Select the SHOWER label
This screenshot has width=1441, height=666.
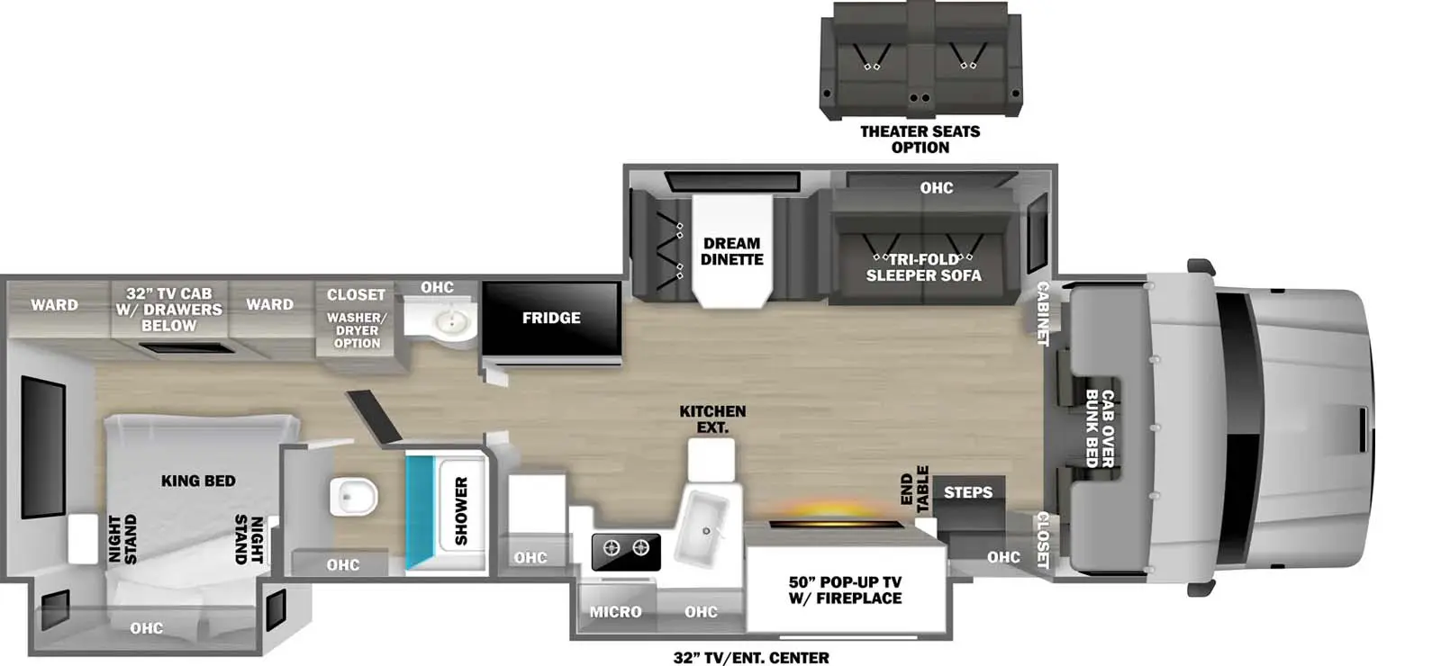pos(461,511)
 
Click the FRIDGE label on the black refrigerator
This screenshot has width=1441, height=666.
pos(551,318)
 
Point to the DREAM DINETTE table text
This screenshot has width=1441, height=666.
pos(732,251)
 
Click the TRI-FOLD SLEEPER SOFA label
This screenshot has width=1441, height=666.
pos(923,267)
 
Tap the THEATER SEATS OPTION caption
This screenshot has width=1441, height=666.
pos(920,139)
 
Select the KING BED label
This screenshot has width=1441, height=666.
pos(198,481)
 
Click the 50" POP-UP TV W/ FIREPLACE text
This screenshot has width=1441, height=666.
pos(845,590)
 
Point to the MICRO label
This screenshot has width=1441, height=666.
pos(615,612)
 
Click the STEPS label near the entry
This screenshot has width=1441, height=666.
pos(968,492)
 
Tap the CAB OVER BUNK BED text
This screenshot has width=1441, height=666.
pos(1100,428)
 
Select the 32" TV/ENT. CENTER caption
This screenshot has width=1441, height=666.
pos(751,658)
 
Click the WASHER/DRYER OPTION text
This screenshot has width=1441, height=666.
pos(357,330)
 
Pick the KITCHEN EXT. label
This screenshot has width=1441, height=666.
pos(712,419)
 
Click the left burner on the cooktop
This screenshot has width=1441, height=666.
pos(612,547)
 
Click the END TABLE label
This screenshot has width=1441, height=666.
pos(914,489)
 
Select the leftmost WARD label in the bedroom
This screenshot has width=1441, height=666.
pos(54,305)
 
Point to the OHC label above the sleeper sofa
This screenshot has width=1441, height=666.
pos(937,188)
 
